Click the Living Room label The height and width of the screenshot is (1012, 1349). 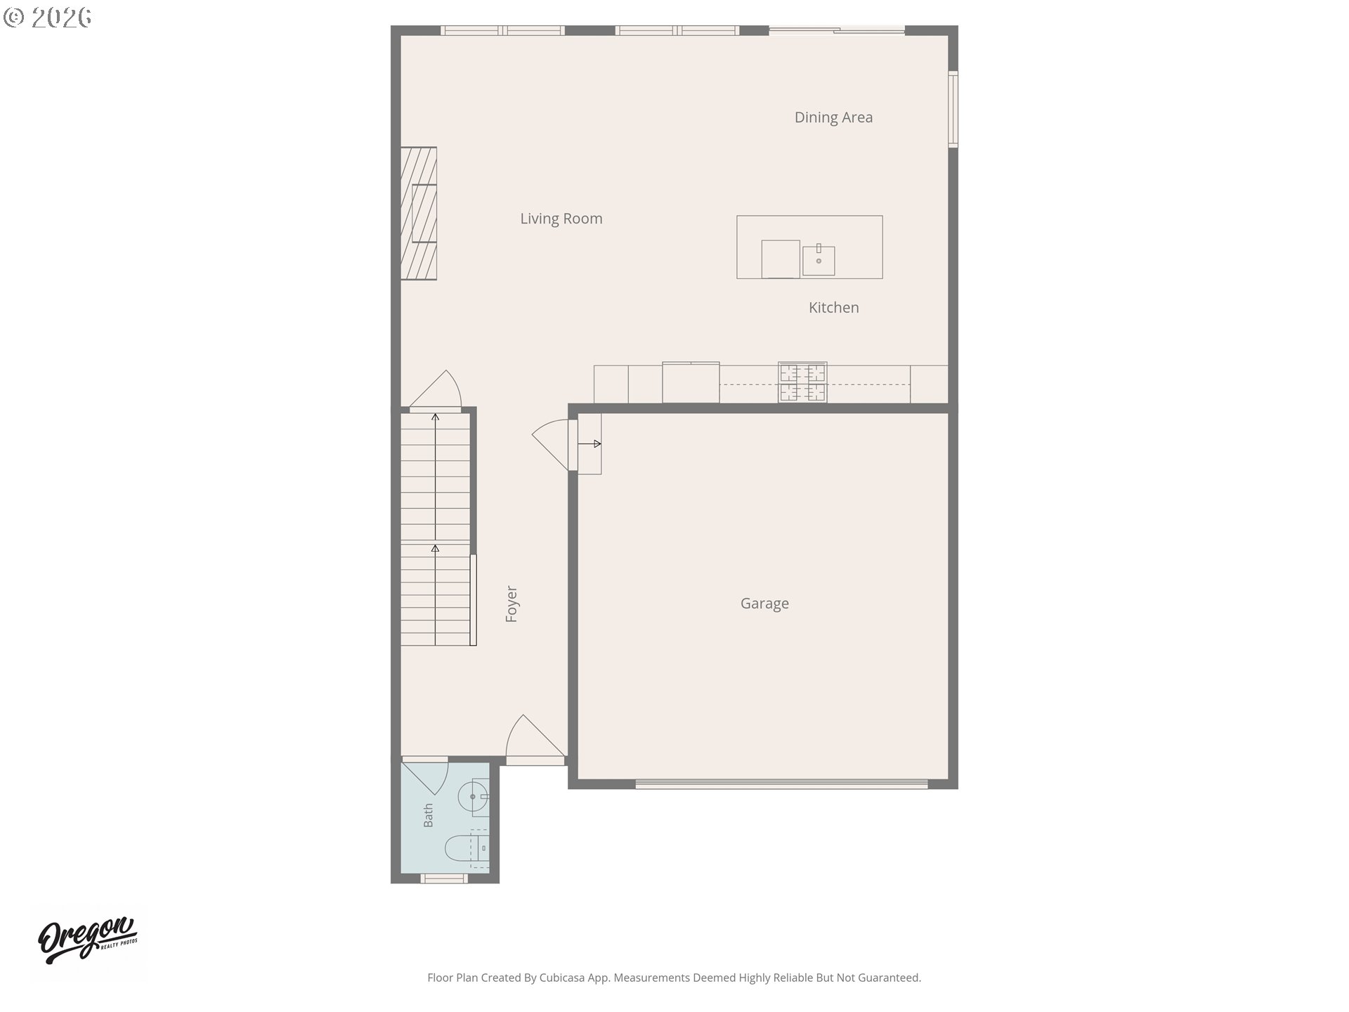point(561,219)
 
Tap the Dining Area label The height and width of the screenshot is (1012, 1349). point(833,117)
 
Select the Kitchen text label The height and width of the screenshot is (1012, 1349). point(833,307)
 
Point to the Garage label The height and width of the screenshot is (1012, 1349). point(764,604)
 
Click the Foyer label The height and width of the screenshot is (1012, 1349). point(511,604)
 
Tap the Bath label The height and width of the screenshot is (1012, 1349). point(428,815)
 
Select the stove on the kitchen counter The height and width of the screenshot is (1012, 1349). point(802,382)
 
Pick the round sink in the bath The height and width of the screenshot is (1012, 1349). point(473,797)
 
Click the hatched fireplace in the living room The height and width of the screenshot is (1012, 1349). point(419,213)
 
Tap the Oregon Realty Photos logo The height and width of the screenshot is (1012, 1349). point(88,939)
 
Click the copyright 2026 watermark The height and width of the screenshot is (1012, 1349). point(48,18)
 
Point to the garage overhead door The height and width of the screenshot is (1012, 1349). point(781,784)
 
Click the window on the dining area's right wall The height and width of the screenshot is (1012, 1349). point(953,109)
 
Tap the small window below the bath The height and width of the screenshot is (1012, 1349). point(443,878)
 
